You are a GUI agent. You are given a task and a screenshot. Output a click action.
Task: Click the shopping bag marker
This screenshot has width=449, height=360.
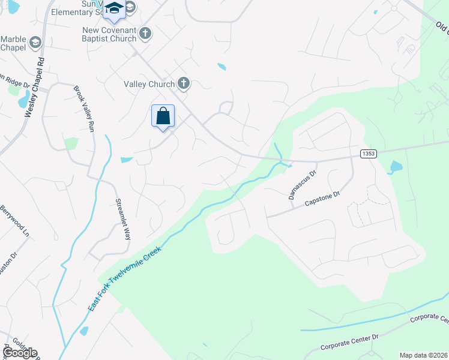click(x=163, y=116)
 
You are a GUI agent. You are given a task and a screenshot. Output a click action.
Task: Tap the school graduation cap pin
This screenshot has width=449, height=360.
click(x=113, y=9)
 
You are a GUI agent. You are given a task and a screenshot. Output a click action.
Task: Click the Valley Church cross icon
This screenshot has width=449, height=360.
click(x=184, y=84)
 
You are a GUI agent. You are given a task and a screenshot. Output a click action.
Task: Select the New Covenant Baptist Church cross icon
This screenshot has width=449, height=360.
click(x=145, y=33)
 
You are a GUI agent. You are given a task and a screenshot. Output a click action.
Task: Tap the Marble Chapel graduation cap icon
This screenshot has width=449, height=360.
click(x=35, y=41)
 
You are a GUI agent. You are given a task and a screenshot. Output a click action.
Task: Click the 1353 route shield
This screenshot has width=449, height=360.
click(x=369, y=154)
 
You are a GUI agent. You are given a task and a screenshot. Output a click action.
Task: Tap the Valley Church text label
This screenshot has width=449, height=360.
click(x=149, y=85)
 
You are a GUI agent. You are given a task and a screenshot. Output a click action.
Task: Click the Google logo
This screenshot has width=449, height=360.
click(x=20, y=353)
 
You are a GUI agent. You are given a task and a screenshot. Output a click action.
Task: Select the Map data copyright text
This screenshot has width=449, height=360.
click(x=423, y=355)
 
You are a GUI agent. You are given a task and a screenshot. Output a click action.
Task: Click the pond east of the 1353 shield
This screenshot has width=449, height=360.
click(x=396, y=167)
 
